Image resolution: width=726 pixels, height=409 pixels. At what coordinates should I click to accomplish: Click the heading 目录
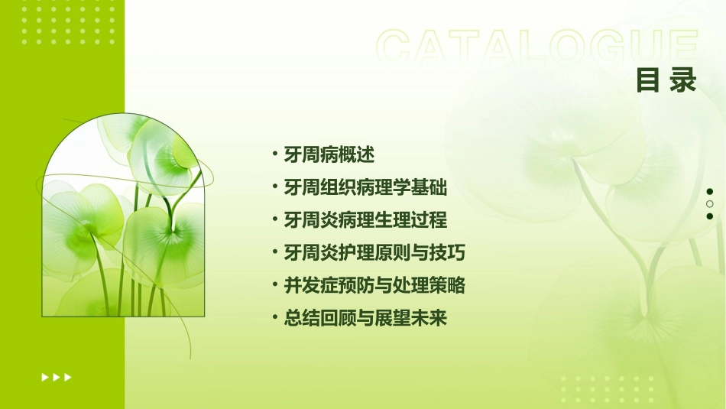(666, 81)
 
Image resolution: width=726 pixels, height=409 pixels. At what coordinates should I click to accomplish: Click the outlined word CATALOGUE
(537, 47)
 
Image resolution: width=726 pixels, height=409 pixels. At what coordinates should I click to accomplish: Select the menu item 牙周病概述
(329, 154)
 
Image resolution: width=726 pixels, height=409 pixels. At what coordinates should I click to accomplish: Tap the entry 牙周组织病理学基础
(365, 187)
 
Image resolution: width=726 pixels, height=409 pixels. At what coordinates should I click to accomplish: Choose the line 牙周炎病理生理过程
(365, 220)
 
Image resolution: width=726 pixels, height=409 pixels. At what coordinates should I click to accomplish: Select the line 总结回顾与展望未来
(365, 319)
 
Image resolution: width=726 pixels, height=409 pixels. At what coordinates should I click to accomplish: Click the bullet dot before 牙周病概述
(275, 154)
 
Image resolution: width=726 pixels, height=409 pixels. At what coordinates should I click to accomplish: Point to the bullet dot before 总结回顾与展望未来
(275, 319)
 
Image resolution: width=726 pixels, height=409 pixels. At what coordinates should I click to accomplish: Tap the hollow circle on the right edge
(710, 204)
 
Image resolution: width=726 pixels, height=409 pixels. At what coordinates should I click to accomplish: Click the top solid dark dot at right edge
(710, 192)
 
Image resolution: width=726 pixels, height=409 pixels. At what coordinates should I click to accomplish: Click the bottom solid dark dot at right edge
(710, 216)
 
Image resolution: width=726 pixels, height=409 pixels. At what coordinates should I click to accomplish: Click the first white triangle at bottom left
(44, 377)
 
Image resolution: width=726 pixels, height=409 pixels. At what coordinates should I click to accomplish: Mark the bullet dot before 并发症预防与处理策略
(275, 286)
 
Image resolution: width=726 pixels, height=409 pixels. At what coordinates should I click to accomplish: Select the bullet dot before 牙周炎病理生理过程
(275, 220)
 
